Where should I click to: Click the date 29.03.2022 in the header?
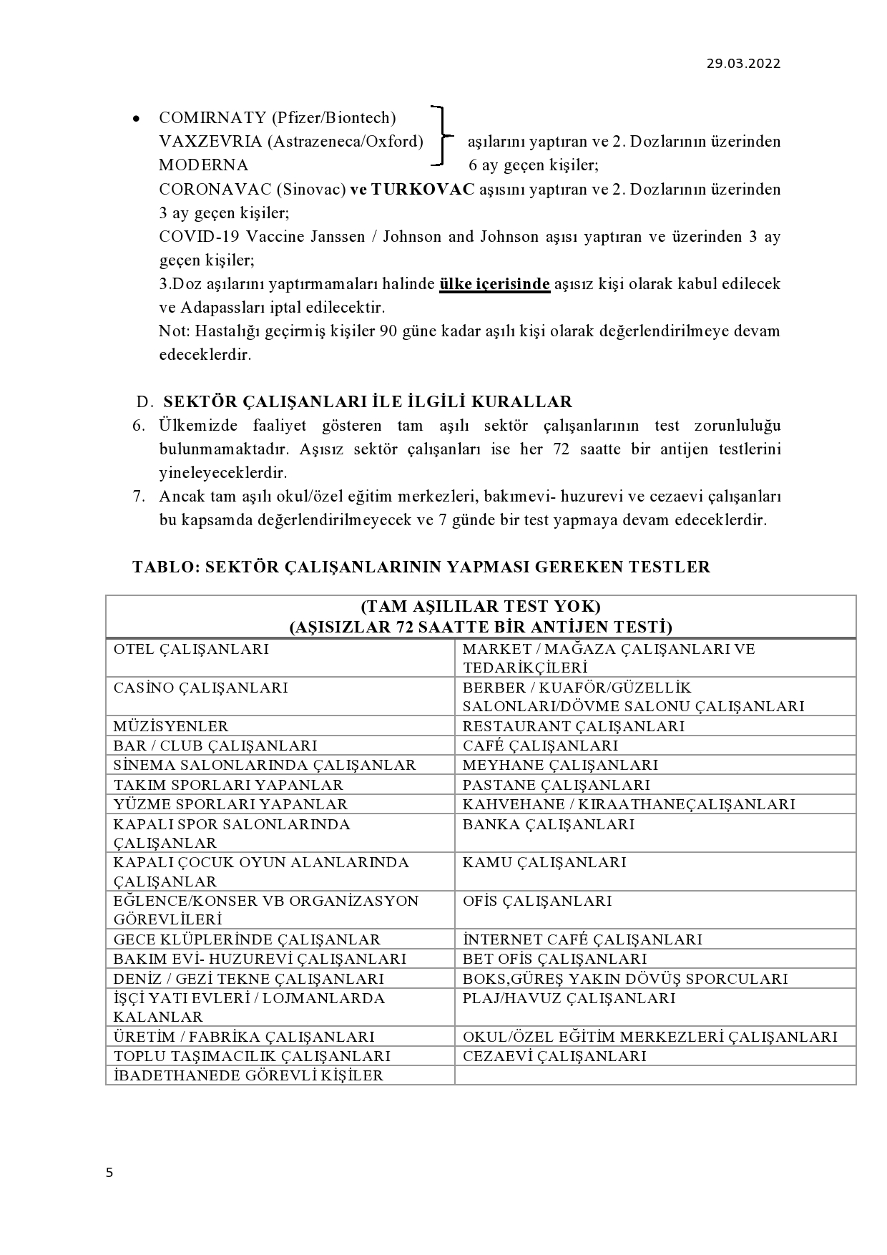point(744,63)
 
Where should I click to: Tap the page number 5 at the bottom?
point(109,1172)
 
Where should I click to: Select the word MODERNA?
point(203,165)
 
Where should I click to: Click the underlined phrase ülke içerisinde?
point(494,284)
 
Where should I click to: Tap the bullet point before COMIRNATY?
point(136,119)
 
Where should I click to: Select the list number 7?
point(139,497)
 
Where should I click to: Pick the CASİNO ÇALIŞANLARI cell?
point(200,688)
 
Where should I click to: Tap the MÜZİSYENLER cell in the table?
point(171,726)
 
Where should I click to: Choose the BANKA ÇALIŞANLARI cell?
point(548,824)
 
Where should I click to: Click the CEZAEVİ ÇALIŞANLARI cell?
point(554,1056)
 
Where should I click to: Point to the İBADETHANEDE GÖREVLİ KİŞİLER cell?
point(248,1075)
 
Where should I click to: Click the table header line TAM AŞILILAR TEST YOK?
point(480,607)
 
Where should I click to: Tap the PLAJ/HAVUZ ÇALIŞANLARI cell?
point(569,998)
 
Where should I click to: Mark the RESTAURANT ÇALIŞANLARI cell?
point(573,726)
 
